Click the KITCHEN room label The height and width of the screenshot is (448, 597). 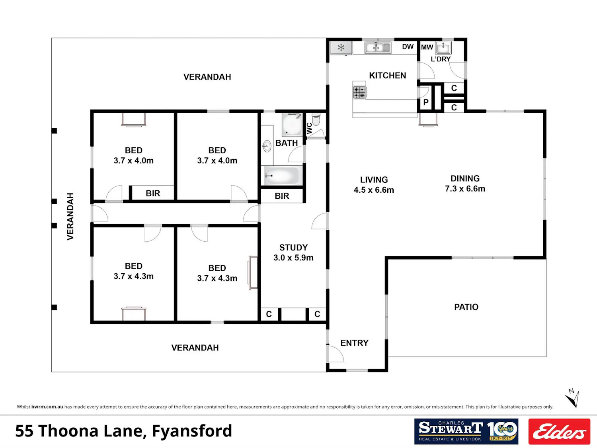click(x=387, y=75)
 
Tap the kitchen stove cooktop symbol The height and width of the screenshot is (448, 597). click(x=359, y=92)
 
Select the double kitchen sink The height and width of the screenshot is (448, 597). click(x=378, y=48)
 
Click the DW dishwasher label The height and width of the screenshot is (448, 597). click(x=408, y=47)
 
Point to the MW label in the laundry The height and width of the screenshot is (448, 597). click(x=427, y=47)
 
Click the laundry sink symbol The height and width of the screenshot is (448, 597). click(x=443, y=48)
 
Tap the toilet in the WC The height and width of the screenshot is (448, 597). click(x=316, y=119)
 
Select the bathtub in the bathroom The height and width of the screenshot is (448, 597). click(x=283, y=176)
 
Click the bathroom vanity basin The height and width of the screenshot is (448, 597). click(x=267, y=146)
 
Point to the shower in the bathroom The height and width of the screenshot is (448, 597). click(x=292, y=125)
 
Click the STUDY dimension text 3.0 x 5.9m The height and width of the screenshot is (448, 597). click(x=293, y=258)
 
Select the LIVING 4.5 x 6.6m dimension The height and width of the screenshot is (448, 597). click(x=374, y=185)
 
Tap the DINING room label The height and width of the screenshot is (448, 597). click(x=465, y=178)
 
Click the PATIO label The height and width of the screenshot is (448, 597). click(x=466, y=307)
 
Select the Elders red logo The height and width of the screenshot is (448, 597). click(x=559, y=431)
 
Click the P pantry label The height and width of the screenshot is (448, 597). click(x=426, y=102)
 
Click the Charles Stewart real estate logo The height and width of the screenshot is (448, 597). click(x=466, y=431)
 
